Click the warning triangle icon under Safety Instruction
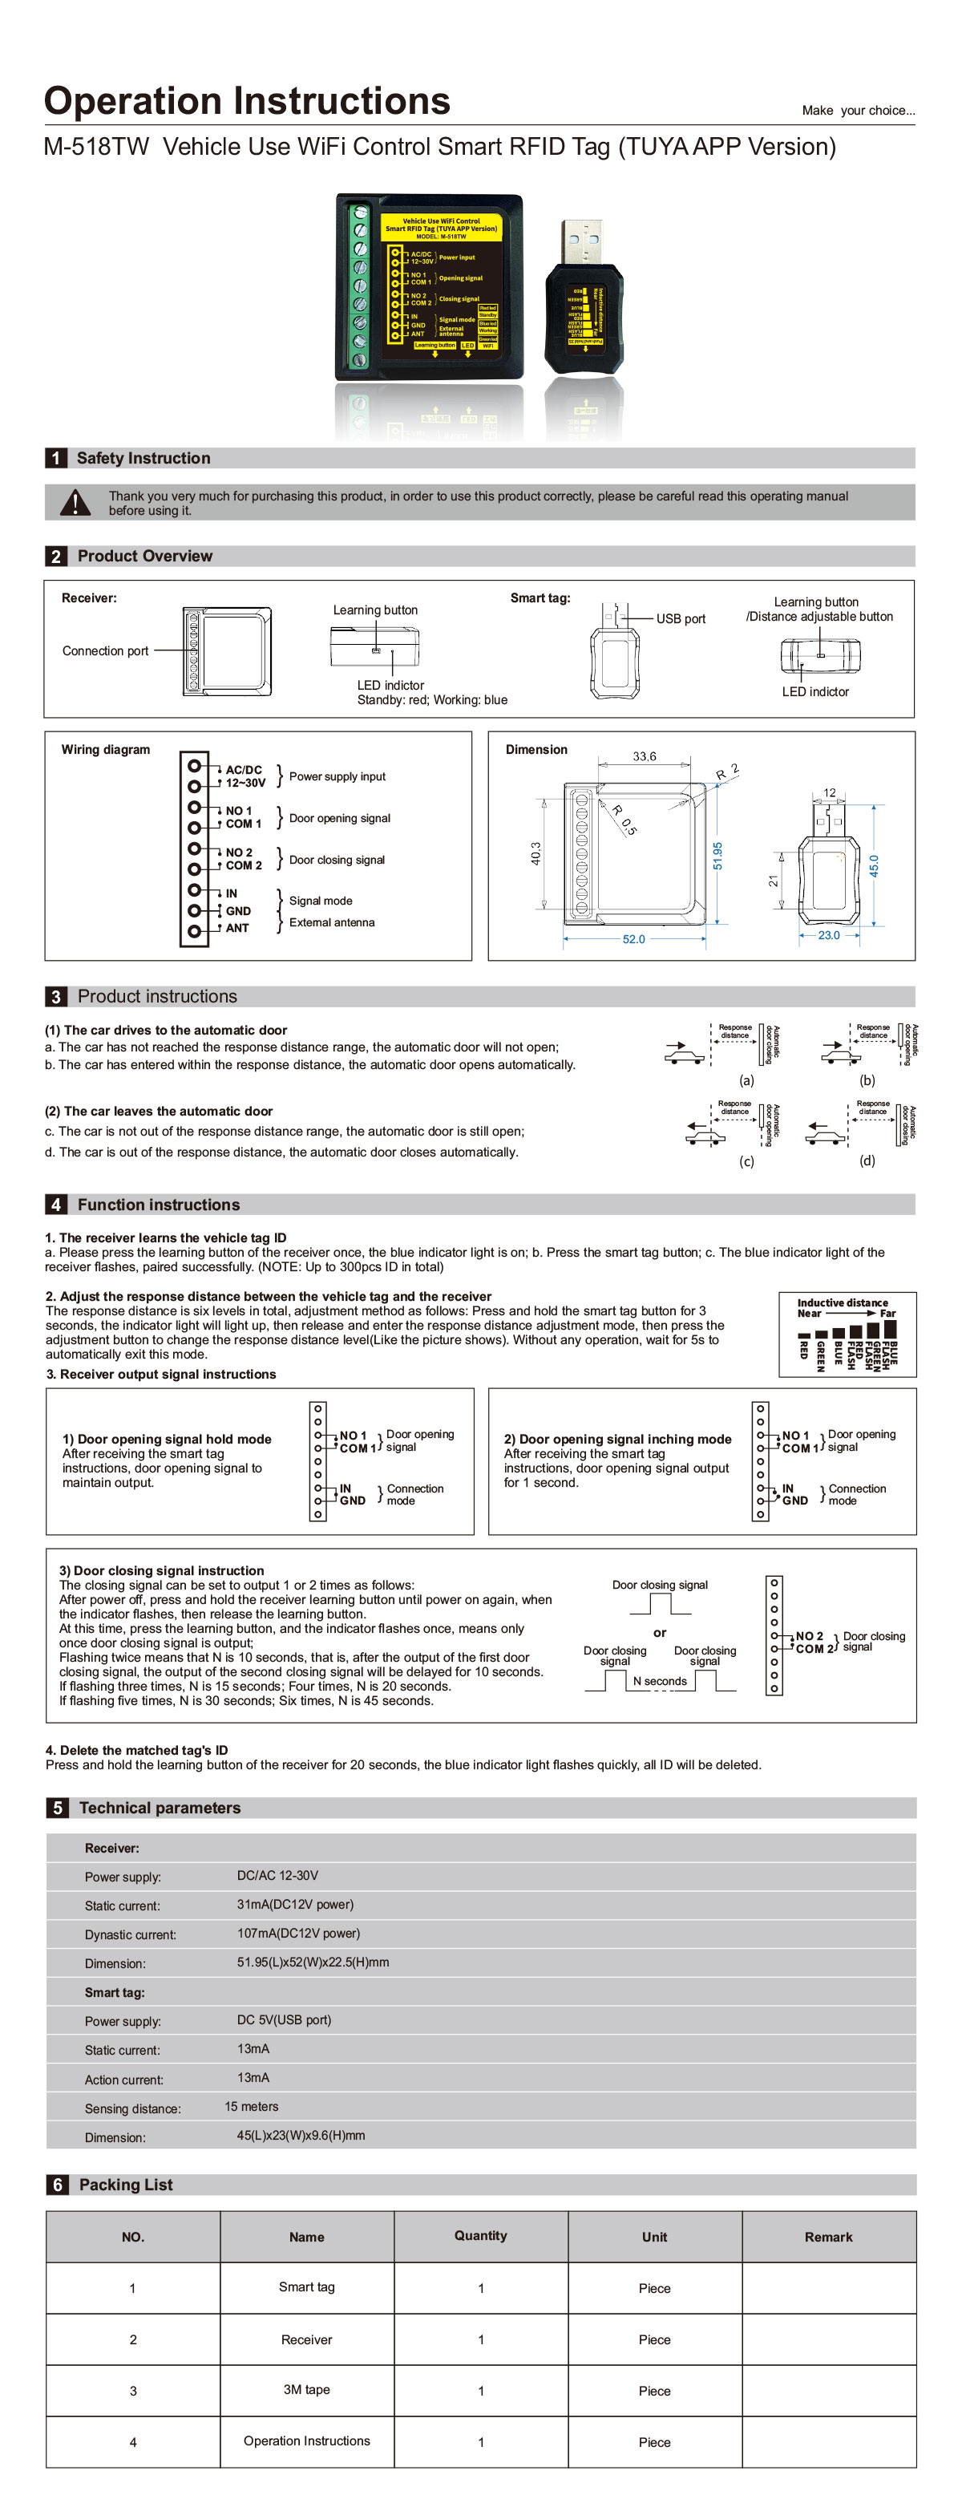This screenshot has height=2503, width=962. coord(75,502)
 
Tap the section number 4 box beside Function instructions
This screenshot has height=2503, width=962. coord(55,1204)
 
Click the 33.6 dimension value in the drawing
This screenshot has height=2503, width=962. coord(645,756)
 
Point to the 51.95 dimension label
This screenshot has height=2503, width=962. coord(718,855)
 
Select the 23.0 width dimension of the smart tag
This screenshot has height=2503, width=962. coord(828,935)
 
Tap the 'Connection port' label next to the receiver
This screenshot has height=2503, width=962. coord(105,651)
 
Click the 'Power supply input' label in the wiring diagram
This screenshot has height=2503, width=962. coord(338,776)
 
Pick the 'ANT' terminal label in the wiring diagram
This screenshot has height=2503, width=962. coord(237,928)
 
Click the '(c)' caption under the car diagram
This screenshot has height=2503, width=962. coord(746,1160)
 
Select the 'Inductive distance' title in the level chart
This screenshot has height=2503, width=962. coord(843,1302)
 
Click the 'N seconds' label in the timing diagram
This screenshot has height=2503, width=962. coord(660,1681)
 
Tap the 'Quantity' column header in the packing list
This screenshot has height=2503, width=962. coord(481,2236)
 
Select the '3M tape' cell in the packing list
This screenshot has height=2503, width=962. coord(307,2389)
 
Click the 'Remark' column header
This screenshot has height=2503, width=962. coord(828,2237)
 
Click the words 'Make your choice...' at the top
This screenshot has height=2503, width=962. coord(858,111)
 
